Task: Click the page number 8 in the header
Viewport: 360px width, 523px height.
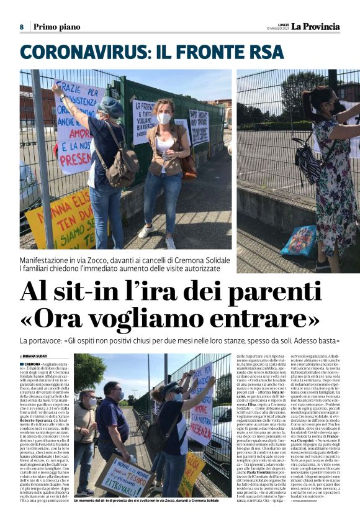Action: click(22, 27)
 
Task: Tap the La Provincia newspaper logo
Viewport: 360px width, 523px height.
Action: click(316, 26)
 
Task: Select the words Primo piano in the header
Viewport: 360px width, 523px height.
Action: click(56, 27)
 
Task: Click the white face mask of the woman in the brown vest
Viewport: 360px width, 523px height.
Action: click(164, 118)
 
